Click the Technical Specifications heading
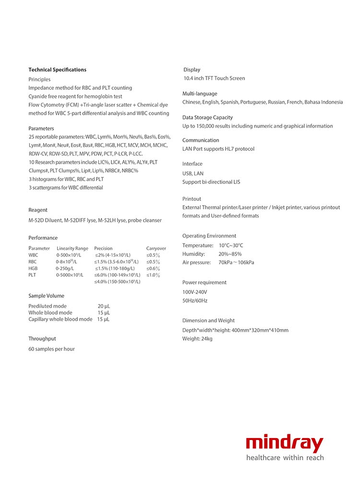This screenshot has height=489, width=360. tap(57, 70)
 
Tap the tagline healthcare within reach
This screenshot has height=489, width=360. tap(285, 458)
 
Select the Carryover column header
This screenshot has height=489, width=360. tap(156, 248)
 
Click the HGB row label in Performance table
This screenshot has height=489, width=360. tap(33, 269)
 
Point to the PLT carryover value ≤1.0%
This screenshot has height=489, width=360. tap(153, 275)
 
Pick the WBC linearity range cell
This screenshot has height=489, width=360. tap(69, 255)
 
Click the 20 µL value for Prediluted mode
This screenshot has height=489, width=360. tap(104, 306)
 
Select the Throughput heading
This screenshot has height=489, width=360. tap(42, 339)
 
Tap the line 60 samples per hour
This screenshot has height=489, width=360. tap(51, 349)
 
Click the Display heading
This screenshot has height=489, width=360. tap(192, 70)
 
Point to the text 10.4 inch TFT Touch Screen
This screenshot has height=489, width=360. tap(214, 78)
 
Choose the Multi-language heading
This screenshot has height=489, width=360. tap(200, 94)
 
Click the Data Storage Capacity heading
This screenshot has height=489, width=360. tap(207, 118)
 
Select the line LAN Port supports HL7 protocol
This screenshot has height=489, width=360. tap(218, 149)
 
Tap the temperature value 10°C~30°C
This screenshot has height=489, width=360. tap(231, 245)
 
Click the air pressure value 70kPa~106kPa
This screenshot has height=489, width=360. tap(236, 263)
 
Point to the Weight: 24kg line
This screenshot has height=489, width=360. tap(197, 339)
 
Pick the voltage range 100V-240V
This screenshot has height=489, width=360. tap(195, 292)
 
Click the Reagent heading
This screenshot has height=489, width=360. tap(38, 210)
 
